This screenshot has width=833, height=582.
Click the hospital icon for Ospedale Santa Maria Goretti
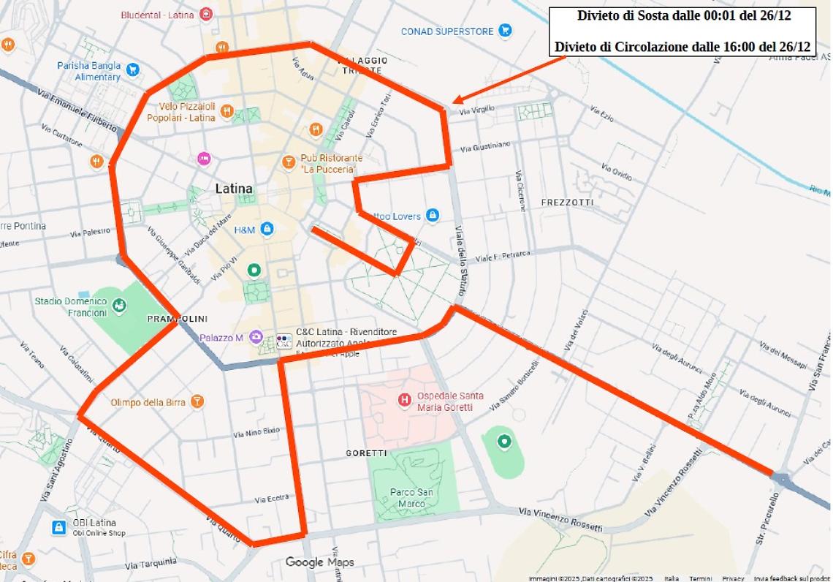404,400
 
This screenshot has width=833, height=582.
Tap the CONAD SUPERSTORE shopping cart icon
504,31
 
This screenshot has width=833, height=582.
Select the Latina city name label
234,189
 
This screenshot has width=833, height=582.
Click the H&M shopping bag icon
267,230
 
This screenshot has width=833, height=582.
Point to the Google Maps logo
319,562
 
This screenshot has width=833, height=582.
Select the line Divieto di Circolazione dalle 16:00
682,47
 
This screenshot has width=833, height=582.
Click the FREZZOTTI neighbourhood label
567,202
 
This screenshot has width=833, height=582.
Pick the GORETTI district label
366,453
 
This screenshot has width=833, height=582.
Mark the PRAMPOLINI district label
178,319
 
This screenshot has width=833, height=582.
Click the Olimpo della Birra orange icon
197,401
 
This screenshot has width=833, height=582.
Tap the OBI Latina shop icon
58,526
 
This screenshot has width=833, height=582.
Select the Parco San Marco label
412,497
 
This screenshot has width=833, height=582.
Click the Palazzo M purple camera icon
255,337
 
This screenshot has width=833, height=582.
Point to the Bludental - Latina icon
207,14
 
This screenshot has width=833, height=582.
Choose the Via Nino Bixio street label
256,432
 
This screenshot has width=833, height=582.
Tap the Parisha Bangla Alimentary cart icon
132,70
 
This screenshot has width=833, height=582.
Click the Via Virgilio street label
477,110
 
